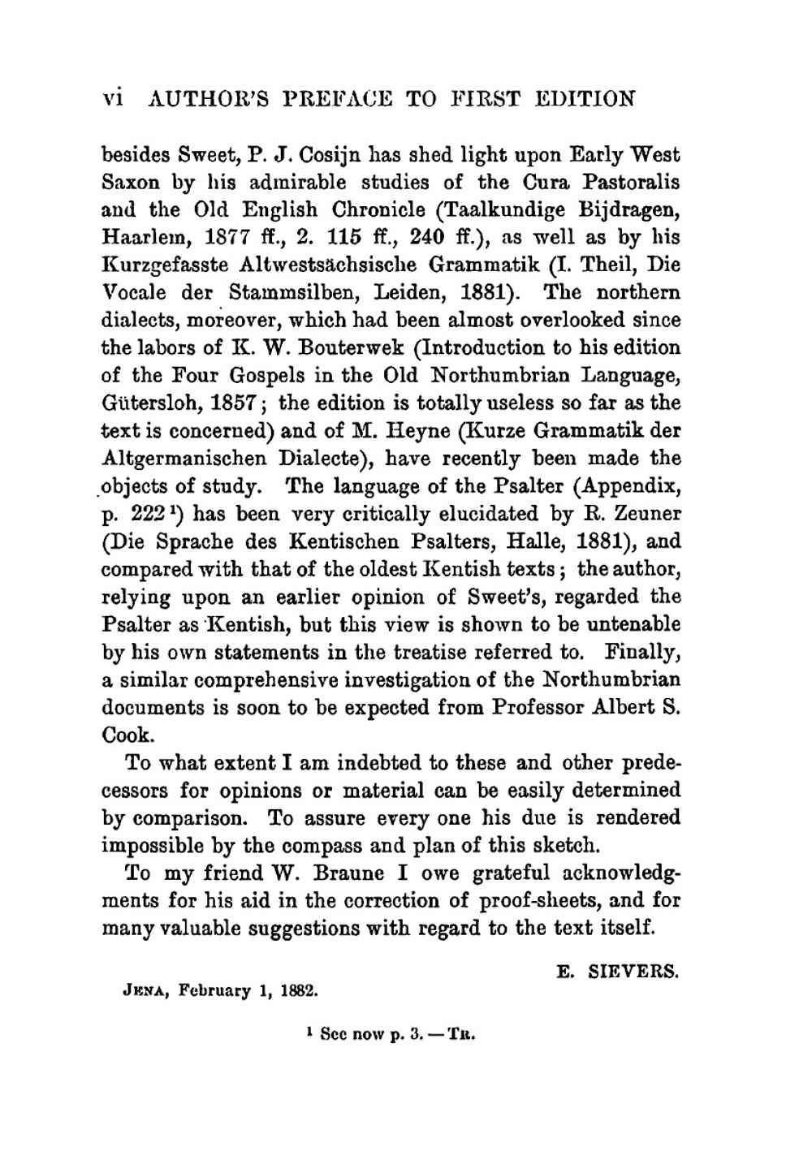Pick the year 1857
click(232, 403)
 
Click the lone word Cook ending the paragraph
click(127, 735)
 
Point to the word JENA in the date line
click(142, 991)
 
